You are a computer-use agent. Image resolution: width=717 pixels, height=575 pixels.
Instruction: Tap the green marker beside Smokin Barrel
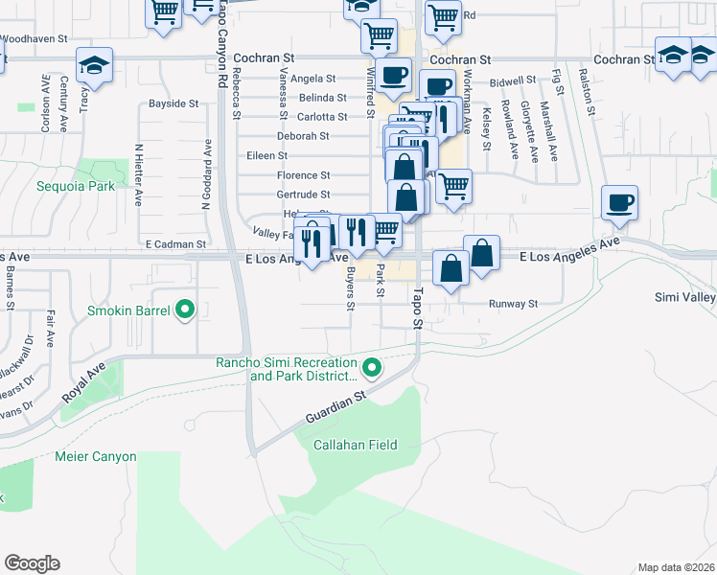(186, 310)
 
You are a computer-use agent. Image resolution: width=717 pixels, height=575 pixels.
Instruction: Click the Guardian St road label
(337, 407)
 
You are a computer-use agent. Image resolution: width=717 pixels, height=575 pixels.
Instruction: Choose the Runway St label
(514, 304)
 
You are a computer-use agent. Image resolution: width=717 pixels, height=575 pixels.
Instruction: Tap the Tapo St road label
(418, 305)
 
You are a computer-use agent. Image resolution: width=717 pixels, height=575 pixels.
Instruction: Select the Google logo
(32, 563)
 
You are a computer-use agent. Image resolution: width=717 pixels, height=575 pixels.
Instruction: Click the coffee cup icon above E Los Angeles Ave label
(619, 202)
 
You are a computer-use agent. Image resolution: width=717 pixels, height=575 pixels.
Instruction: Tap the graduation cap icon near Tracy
(94, 65)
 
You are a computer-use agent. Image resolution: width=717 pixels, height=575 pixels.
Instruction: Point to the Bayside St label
(173, 103)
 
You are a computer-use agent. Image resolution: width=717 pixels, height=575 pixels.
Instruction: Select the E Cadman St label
(175, 245)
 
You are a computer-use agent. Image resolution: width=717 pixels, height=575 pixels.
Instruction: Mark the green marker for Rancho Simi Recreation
(372, 366)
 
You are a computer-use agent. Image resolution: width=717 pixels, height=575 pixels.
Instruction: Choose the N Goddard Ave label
(207, 165)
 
